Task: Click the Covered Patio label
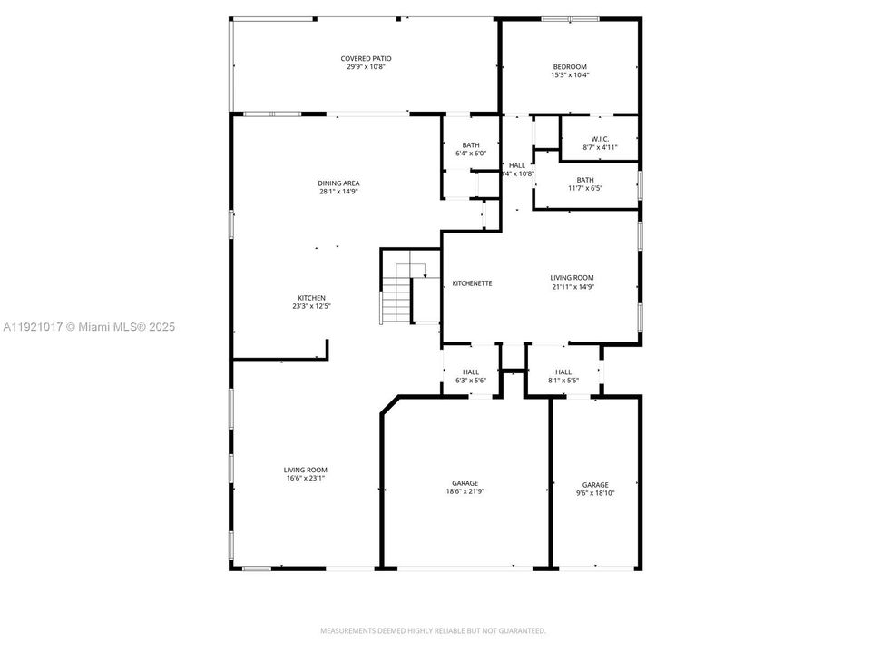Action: point(367,58)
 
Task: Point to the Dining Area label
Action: point(339,183)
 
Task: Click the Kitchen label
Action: point(311,298)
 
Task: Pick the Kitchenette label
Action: point(472,283)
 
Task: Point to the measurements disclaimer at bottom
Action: point(433,630)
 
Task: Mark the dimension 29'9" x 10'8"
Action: point(367,66)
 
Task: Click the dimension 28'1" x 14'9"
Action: point(339,192)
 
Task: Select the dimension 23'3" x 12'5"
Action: point(311,306)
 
